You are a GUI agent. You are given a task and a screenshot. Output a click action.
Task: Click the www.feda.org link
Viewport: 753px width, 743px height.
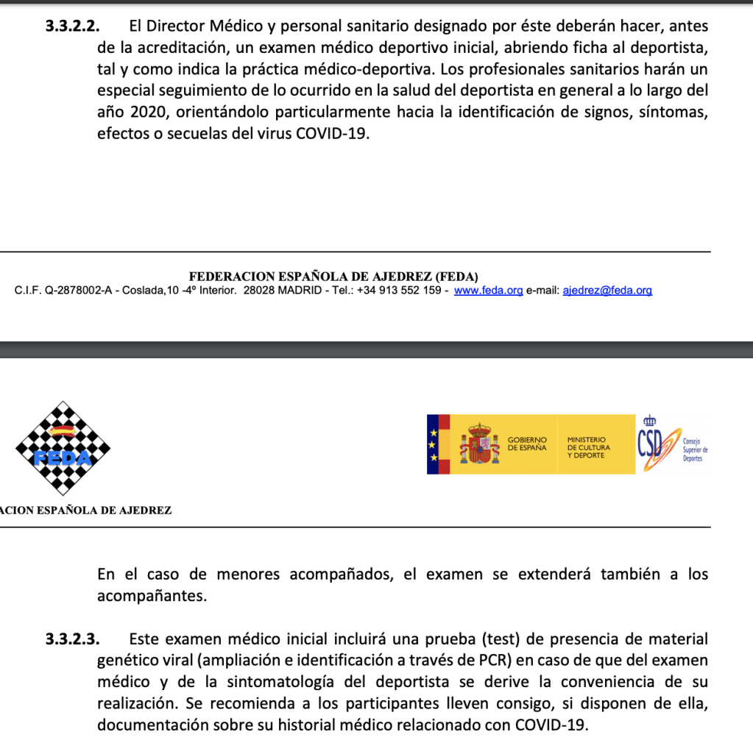(x=488, y=291)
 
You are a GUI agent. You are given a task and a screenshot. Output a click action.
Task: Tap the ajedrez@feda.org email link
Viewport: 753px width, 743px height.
(x=607, y=291)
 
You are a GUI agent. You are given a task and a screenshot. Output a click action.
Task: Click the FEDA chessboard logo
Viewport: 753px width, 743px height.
(x=63, y=449)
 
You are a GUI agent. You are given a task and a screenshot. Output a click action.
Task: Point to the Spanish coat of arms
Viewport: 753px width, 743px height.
(x=479, y=444)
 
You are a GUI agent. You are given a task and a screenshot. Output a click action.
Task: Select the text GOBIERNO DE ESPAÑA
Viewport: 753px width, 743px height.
(x=527, y=444)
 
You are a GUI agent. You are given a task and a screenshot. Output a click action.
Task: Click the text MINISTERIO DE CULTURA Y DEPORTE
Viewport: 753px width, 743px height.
(x=588, y=447)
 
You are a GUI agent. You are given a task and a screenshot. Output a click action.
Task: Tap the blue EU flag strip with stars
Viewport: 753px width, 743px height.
(x=434, y=444)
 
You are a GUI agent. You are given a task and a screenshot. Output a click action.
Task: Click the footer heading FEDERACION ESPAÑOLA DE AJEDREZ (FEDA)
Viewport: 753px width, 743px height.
(x=333, y=277)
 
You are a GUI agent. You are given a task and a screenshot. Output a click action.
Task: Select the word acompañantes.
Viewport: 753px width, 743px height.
(x=152, y=597)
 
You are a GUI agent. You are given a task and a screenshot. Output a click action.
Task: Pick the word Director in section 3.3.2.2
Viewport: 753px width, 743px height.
(x=177, y=26)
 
